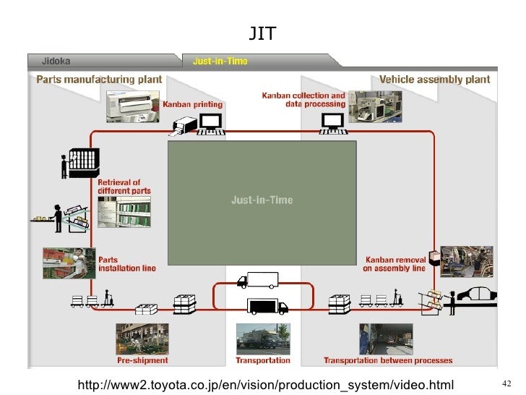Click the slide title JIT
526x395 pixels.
262,33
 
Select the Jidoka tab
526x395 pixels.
56,61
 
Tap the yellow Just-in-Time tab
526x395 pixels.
220,61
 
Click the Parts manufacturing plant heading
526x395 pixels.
99,80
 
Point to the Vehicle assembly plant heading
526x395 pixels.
434,80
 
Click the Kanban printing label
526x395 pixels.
193,105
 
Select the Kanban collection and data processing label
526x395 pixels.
303,99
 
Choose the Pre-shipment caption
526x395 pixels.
142,360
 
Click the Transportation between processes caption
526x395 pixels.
388,360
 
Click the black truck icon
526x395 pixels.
267,306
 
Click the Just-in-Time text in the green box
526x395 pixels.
262,200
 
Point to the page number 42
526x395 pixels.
506,382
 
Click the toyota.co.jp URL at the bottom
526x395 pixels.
270,381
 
